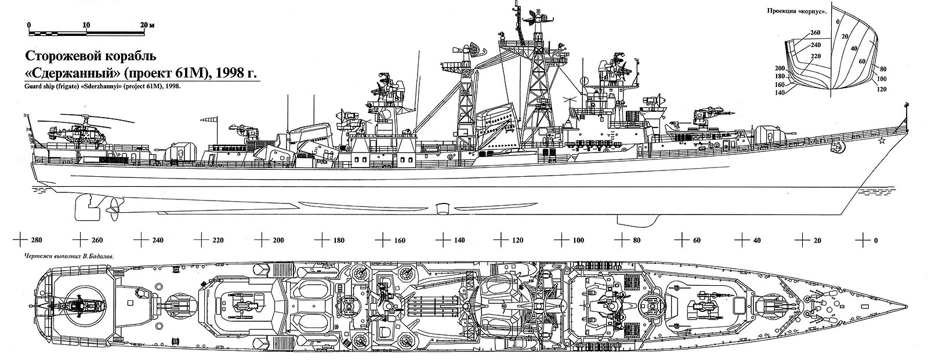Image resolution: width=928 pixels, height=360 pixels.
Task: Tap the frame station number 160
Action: tap(400, 240)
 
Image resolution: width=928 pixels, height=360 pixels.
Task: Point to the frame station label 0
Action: tap(875, 240)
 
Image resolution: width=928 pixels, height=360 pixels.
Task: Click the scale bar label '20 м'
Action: tap(148, 26)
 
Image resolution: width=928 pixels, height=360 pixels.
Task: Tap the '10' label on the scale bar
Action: tap(86, 26)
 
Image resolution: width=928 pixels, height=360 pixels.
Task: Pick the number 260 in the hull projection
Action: tap(815, 32)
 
